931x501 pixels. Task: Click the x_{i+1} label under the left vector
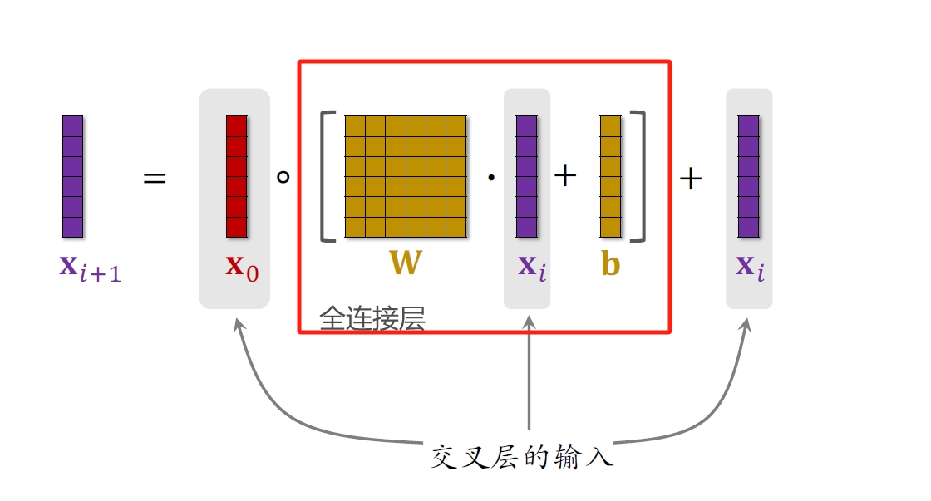90,268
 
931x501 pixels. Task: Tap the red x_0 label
242,267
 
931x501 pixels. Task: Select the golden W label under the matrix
406,263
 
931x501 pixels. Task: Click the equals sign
155,179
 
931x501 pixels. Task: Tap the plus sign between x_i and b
565,176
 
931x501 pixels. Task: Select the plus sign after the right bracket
691,179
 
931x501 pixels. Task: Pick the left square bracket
327,176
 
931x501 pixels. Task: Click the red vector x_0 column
237,176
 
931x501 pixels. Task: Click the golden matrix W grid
406,176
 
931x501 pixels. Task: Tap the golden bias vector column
611,176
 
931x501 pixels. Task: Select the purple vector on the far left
73,176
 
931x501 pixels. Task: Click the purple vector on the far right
749,176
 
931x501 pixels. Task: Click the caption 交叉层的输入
522,456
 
